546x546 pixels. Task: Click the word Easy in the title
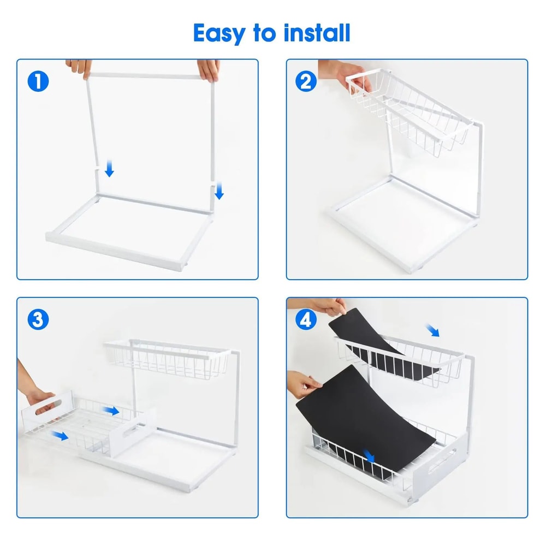[x=219, y=33]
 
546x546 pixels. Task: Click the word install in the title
[x=316, y=33]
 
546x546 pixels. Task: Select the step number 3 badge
[x=38, y=320]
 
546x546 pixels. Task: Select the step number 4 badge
[x=306, y=320]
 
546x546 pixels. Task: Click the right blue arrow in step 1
[x=219, y=191]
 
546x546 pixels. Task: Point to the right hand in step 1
[x=210, y=69]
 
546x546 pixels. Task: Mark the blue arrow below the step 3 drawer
[x=61, y=435]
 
